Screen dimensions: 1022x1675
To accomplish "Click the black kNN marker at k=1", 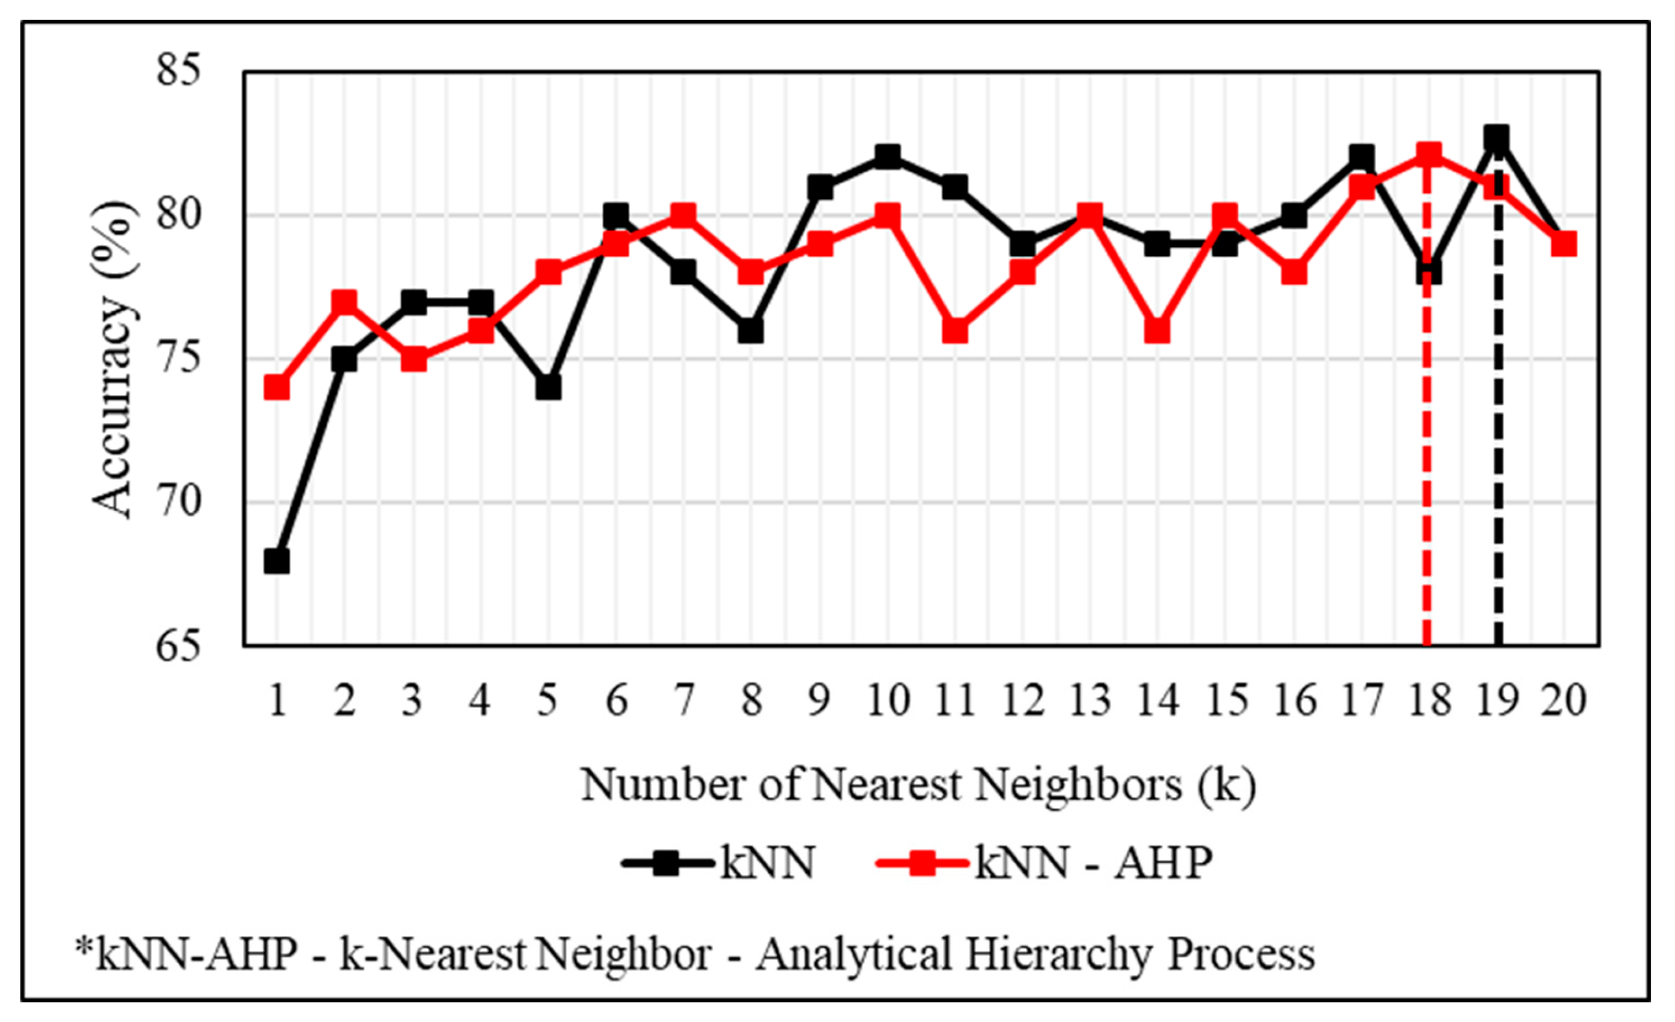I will click(277, 562).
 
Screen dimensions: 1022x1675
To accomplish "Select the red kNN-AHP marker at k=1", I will click(277, 388).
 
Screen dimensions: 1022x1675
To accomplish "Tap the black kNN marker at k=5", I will click(548, 388).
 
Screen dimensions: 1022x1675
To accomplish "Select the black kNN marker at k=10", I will click(887, 156).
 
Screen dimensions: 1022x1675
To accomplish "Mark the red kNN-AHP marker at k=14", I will click(1157, 331).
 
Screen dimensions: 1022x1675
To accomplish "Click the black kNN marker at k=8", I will click(751, 331).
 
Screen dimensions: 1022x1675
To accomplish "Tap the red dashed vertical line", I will click(1428, 476).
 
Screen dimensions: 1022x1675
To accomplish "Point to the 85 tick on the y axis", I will click(180, 70).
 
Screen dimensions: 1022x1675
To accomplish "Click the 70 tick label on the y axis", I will click(180, 503).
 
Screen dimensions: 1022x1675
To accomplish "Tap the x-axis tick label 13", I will click(1090, 700).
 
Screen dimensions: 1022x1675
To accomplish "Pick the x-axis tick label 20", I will click(1564, 700).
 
